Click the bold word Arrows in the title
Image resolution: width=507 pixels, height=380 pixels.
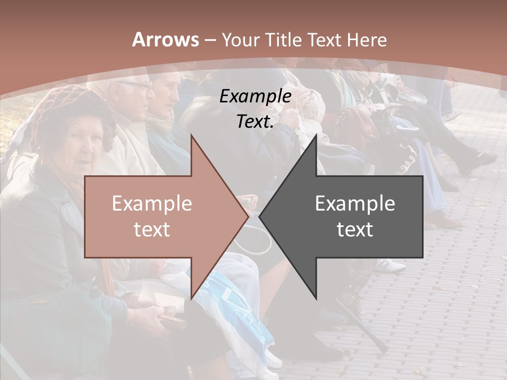coord(165,40)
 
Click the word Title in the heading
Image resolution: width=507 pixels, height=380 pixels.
coord(284,40)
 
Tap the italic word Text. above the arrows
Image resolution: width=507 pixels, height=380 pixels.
coord(255,121)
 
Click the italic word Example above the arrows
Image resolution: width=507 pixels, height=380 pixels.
coord(255,97)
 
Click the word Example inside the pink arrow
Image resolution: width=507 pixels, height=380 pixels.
coord(152,204)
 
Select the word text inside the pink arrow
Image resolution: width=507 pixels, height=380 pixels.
coord(152,230)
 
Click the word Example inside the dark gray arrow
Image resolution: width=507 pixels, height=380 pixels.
coord(355,204)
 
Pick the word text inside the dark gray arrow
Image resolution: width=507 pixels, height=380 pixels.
coord(355,230)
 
